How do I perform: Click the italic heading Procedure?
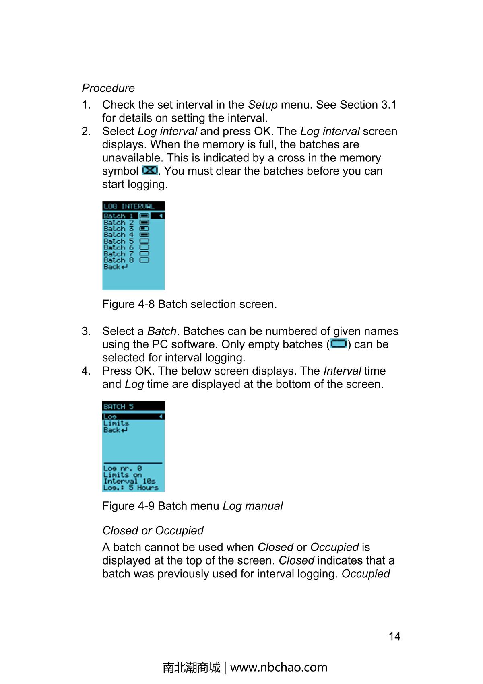tap(108, 88)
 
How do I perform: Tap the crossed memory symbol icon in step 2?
tap(150, 171)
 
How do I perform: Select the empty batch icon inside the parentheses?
tap(339, 344)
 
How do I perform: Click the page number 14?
tap(394, 636)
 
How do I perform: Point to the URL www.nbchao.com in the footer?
tap(279, 667)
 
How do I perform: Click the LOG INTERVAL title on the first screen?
tap(129, 206)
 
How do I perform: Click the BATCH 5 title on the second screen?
tap(119, 406)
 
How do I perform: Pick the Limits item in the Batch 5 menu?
tap(116, 423)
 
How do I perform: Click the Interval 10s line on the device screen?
tap(129, 481)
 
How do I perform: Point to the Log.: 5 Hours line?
tap(130, 488)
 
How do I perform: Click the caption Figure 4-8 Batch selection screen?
tap(190, 304)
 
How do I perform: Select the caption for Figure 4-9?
tap(192, 506)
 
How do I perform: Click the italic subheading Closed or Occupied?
tap(153, 530)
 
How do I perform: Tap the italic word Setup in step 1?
tap(262, 105)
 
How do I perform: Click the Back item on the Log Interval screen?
tap(115, 267)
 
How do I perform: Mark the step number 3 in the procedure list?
tap(86, 331)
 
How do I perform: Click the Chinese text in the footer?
tap(192, 667)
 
